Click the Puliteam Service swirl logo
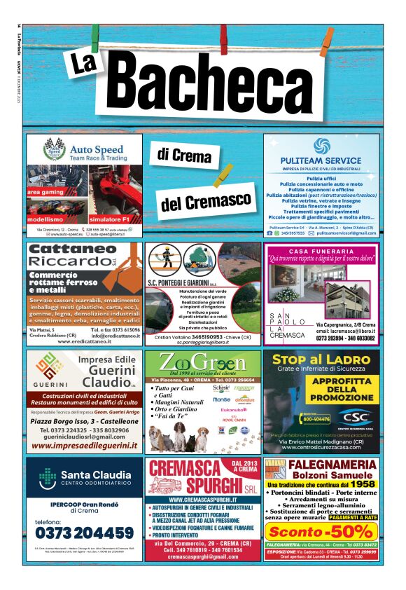coord(321,146)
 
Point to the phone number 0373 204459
coord(84,532)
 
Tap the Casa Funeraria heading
coord(321,250)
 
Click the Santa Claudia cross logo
coord(47,477)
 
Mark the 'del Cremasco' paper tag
coord(205,200)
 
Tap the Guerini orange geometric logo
coord(48,367)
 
